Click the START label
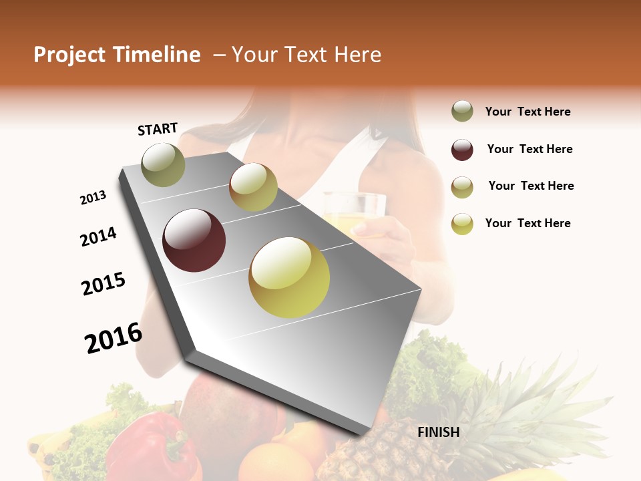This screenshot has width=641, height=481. click(x=158, y=128)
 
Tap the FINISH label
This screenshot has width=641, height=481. click(x=439, y=432)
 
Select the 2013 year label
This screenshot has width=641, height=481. click(x=93, y=198)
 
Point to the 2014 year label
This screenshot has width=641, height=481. click(x=98, y=237)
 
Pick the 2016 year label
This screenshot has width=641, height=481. click(x=114, y=338)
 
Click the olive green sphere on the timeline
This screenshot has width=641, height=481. click(x=164, y=164)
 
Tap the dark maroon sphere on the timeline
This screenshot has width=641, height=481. click(x=194, y=240)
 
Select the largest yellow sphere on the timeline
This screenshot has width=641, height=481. click(x=289, y=277)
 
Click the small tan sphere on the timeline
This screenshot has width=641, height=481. click(x=253, y=187)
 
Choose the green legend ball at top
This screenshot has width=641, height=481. click(x=462, y=112)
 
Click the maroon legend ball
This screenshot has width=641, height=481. click(x=462, y=150)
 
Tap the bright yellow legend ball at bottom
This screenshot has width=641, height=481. click(x=462, y=224)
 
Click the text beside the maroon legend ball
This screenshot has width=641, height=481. click(x=529, y=149)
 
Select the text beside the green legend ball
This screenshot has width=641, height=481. click(x=527, y=112)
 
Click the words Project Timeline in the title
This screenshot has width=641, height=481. click(x=117, y=55)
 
